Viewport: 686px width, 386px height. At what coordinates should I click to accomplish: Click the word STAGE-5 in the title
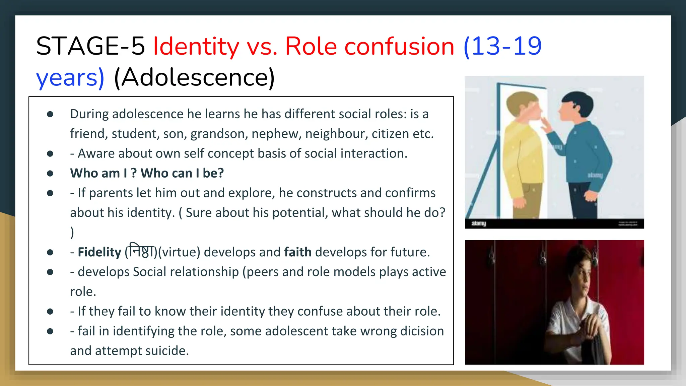[x=90, y=46]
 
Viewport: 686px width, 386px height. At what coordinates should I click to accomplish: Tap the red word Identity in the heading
[x=196, y=46]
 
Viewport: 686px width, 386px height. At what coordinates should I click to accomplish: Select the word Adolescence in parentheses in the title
[x=194, y=78]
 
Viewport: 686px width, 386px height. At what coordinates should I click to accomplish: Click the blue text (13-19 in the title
[x=502, y=46]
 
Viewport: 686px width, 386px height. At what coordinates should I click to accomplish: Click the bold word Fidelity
[x=99, y=252]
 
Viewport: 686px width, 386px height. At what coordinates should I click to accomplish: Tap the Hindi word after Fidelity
[x=141, y=251]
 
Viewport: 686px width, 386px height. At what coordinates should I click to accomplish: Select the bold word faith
[x=298, y=252]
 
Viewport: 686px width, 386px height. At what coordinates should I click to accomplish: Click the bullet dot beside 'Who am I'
[x=50, y=173]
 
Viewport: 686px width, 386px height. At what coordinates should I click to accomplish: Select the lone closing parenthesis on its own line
[x=72, y=233]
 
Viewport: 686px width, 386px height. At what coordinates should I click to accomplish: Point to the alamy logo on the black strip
[x=479, y=223]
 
